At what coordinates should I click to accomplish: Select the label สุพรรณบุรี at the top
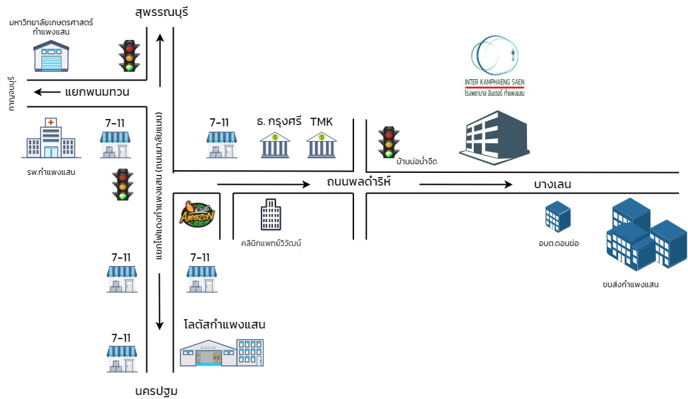coord(162,12)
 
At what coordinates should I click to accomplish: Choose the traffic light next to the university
coord(129,56)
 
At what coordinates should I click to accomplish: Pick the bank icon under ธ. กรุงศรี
coord(274,146)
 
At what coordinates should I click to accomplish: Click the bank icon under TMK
coord(321,146)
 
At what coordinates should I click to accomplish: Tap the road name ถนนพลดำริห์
coord(359,181)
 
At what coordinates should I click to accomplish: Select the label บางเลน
coord(552,184)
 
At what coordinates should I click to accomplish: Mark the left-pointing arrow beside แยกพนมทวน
coord(46,92)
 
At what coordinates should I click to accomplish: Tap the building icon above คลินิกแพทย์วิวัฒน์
coord(271,215)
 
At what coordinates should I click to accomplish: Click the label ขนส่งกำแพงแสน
coord(630,285)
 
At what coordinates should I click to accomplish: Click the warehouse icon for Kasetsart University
coord(51,56)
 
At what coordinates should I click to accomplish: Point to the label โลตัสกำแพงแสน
coord(224,325)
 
